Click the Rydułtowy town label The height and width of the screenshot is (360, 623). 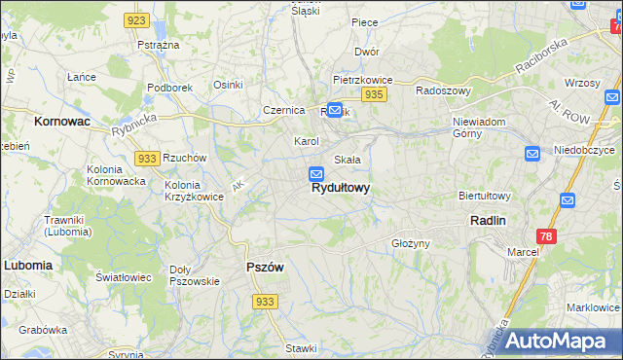point(341,190)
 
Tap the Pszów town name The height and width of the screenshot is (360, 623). point(264,268)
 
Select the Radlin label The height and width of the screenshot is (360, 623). point(487,221)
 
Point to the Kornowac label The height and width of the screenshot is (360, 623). point(61,122)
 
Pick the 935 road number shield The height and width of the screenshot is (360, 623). point(374,94)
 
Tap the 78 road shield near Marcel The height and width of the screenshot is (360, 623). point(547,236)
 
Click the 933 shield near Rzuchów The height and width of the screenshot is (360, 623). point(147,159)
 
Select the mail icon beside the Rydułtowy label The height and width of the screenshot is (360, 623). point(316,174)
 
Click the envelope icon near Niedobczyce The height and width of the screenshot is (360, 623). point(532,154)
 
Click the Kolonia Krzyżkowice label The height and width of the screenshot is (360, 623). point(194,191)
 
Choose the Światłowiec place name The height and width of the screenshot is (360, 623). point(124,277)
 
